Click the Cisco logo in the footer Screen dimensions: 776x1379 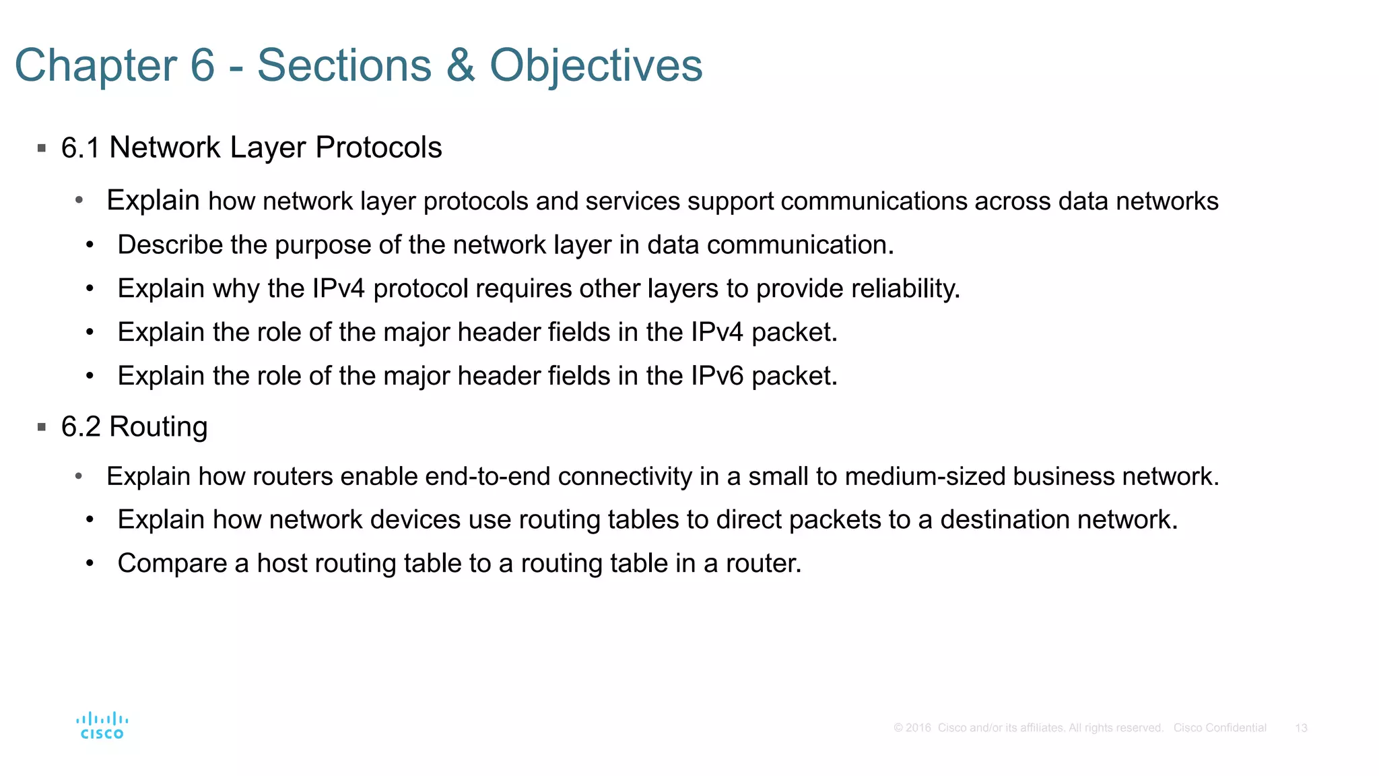(x=102, y=726)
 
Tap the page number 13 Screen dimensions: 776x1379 (x=1301, y=728)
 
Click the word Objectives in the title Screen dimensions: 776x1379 (x=596, y=65)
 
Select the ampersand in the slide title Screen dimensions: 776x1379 (x=460, y=65)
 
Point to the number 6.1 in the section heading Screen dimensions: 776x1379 (x=80, y=148)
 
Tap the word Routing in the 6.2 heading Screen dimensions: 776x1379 (x=158, y=426)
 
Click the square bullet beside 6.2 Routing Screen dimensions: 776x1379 (x=42, y=427)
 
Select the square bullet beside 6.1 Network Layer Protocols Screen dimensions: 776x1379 (x=42, y=148)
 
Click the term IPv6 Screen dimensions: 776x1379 (x=717, y=376)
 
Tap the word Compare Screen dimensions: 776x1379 (x=172, y=564)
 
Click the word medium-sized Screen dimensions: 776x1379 (x=924, y=477)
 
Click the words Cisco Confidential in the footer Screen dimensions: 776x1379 (x=1219, y=728)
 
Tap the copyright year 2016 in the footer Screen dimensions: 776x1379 (x=918, y=728)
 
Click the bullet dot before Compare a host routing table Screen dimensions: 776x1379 (x=90, y=563)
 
